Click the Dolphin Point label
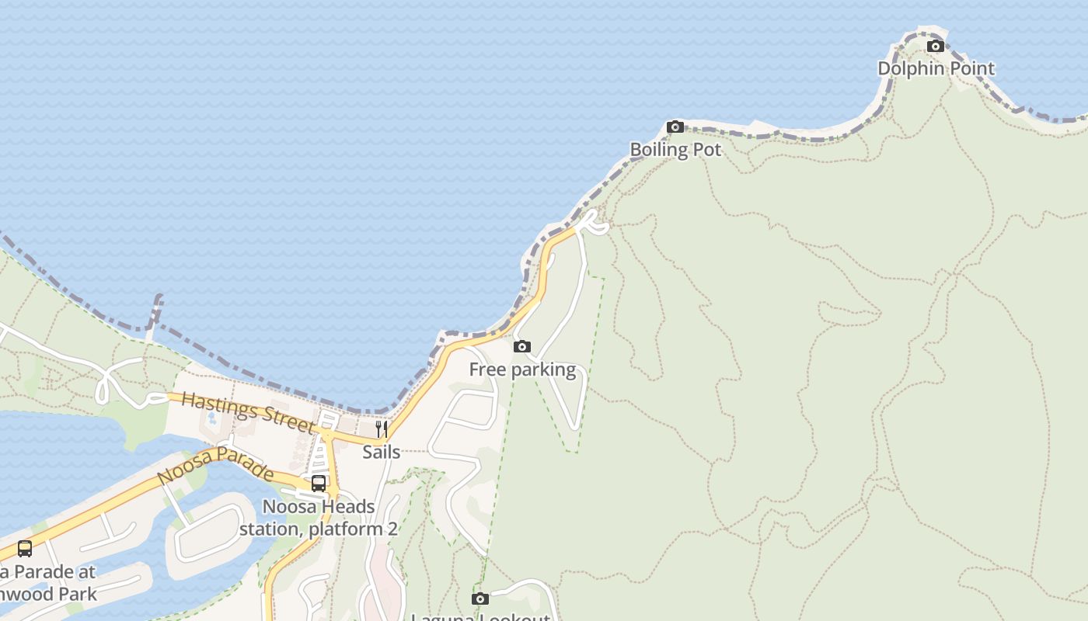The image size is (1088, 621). [936, 68]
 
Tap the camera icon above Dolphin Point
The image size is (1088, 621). [936, 47]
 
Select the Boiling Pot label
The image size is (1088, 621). [675, 150]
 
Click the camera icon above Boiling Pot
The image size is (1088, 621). [675, 127]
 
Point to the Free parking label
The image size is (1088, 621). [522, 369]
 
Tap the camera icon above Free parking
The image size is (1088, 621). [522, 347]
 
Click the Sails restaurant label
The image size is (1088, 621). [382, 452]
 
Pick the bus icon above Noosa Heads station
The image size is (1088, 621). [319, 484]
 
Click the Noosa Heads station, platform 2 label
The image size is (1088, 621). [319, 518]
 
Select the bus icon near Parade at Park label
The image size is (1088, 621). [25, 549]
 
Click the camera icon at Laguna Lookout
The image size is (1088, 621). [480, 598]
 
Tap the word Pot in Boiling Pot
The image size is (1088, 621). [706, 150]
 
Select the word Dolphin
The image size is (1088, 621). [907, 68]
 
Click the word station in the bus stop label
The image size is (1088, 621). [270, 529]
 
